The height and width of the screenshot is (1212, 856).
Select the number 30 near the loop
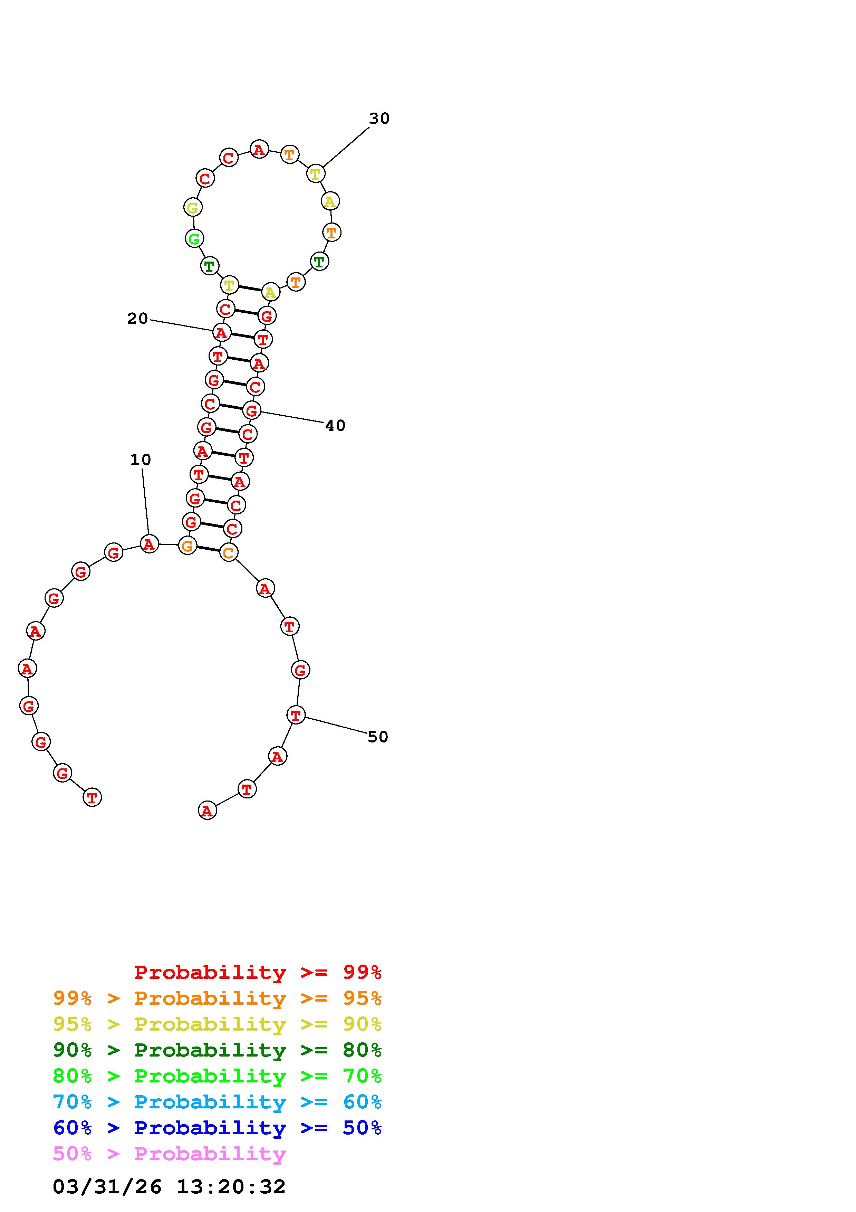379,119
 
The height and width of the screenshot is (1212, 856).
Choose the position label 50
378,737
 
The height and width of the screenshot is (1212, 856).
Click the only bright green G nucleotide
194,239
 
